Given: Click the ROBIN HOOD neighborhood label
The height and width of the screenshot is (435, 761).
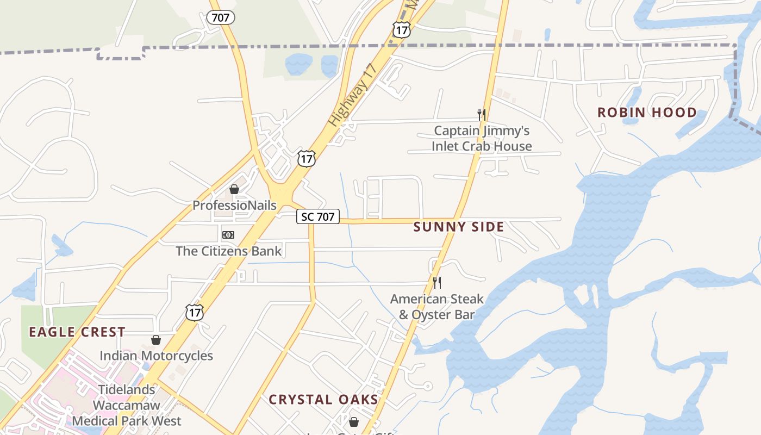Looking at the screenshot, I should coord(647,113).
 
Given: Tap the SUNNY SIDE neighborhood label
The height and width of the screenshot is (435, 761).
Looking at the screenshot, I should coord(458,227).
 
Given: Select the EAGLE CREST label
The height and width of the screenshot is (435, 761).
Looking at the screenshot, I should coord(77,332).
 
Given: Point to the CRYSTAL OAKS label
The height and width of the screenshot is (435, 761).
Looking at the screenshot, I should coord(323,400).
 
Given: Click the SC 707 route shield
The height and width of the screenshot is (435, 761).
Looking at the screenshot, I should coord(318,217).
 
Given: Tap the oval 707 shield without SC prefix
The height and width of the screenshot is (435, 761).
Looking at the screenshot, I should coord(220,17).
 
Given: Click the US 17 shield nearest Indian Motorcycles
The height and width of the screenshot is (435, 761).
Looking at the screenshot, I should coord(194,312).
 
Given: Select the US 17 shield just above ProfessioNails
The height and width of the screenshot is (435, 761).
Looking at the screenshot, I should coord(306,158).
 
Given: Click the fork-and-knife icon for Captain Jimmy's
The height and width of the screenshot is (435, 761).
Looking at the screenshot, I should coord(481,114).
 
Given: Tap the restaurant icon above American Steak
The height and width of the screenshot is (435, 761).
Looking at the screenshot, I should coord(436,282).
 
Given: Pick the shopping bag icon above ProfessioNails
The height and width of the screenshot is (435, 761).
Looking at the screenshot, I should coord(234,189).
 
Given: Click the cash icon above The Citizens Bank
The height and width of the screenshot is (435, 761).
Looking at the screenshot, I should coord(228,235).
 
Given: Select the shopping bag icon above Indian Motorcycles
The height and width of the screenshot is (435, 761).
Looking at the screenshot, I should coord(156,340).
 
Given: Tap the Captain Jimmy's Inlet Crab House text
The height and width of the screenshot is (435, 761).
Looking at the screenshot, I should coord(482,139).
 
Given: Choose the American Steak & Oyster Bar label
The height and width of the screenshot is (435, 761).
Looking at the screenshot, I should coord(436,307).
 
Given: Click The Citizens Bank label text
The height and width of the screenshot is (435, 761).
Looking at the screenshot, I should coord(228,251).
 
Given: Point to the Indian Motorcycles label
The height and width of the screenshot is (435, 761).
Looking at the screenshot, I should coord(156,356).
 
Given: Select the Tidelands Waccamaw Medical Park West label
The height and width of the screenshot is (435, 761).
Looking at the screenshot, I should coord(127,405).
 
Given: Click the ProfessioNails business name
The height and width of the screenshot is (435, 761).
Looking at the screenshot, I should coord(234,206).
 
